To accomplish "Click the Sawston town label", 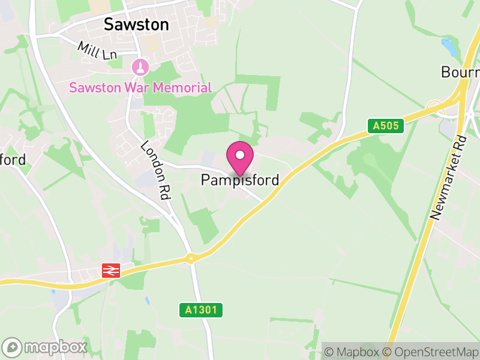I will click(136, 24).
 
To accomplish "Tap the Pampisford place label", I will click(240, 179).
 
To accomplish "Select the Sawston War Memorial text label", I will click(140, 88).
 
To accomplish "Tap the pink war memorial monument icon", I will click(140, 66).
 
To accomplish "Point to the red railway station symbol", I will click(112, 271).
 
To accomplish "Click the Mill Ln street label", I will click(97, 50).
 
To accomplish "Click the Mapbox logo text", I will click(55, 347).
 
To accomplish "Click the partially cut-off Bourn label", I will click(460, 72).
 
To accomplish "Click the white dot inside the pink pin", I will click(240, 155).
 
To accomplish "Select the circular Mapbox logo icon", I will click(13, 347).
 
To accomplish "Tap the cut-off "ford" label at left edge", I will click(13, 160).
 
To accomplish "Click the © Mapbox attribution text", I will click(354, 352).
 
